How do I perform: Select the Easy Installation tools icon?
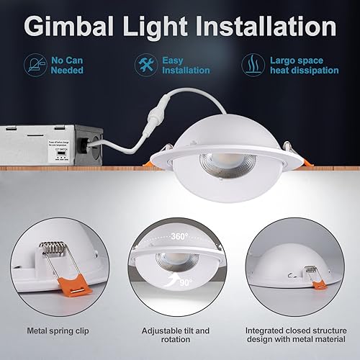tap(143, 61)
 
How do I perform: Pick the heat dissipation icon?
tap(251, 62)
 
